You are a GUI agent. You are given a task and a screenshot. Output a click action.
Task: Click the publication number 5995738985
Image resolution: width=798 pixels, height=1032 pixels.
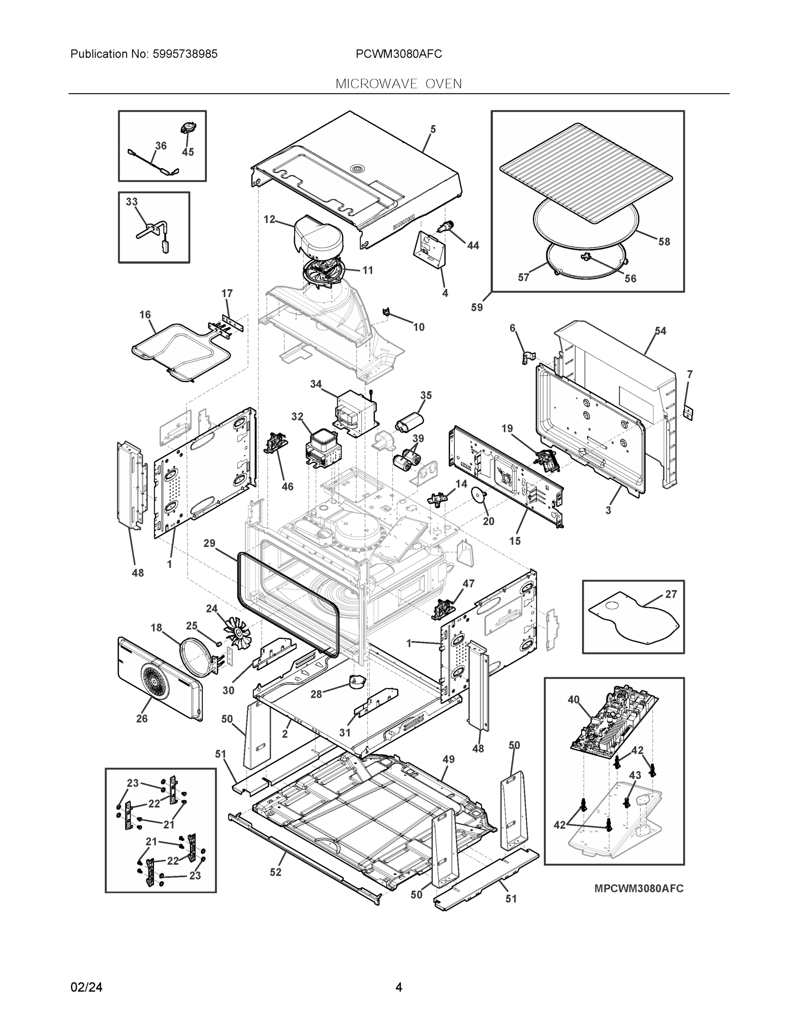click(185, 54)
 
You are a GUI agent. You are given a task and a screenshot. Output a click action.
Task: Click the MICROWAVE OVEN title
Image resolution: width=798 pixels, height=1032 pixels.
click(398, 84)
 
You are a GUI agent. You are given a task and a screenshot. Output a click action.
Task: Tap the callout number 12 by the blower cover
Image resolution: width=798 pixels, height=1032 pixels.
click(269, 219)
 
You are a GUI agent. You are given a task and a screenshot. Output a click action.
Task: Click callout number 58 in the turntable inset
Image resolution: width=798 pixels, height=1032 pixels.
click(664, 242)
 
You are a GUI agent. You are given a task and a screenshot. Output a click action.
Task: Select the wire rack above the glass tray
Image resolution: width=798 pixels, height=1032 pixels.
click(586, 172)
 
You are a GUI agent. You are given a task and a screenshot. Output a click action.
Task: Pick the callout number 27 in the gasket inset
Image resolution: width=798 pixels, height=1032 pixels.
click(671, 594)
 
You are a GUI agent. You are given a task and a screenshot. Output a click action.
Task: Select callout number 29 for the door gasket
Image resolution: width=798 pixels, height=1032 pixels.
click(210, 544)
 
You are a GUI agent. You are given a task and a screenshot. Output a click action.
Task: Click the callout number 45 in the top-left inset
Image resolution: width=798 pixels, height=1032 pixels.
click(188, 152)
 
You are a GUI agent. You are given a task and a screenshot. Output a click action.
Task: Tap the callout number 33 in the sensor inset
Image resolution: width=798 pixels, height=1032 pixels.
click(132, 202)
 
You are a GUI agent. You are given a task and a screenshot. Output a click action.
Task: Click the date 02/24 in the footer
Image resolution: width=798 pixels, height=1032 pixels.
click(86, 987)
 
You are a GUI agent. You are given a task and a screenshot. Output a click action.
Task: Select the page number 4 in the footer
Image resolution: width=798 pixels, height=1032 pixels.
click(398, 987)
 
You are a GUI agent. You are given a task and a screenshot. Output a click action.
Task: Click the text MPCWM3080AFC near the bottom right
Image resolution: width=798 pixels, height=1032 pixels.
click(639, 888)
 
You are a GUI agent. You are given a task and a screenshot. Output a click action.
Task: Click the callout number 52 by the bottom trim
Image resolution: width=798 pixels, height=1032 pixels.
click(276, 872)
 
